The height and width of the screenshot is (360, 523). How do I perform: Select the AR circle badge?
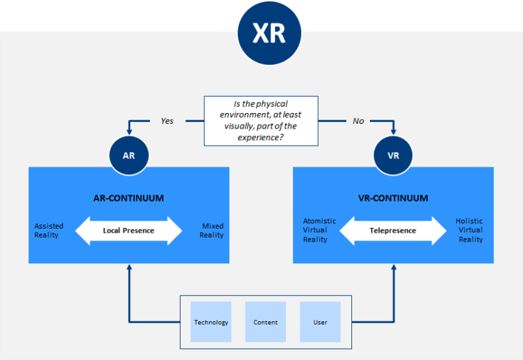click(129, 155)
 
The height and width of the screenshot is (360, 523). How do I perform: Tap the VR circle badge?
click(393, 155)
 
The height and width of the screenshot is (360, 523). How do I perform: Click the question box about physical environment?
click(261, 120)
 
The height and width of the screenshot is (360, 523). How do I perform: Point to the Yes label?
click(167, 121)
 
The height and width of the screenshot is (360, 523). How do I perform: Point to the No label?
click(358, 121)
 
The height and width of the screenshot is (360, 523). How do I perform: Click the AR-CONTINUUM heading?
click(129, 199)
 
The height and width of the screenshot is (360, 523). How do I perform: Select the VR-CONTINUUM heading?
click(393, 199)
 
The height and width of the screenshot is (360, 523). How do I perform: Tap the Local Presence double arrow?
click(129, 231)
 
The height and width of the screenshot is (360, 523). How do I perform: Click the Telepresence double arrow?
click(393, 231)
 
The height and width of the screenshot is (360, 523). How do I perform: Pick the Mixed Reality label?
click(212, 231)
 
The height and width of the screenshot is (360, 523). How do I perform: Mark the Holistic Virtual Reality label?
click(471, 231)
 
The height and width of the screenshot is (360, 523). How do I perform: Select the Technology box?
click(211, 322)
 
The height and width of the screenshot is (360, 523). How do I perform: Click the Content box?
click(266, 322)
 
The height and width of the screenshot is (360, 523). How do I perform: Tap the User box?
click(320, 322)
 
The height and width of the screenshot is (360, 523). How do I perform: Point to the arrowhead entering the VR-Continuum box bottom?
click(394, 268)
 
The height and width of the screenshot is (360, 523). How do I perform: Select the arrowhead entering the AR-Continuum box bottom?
click(129, 268)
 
